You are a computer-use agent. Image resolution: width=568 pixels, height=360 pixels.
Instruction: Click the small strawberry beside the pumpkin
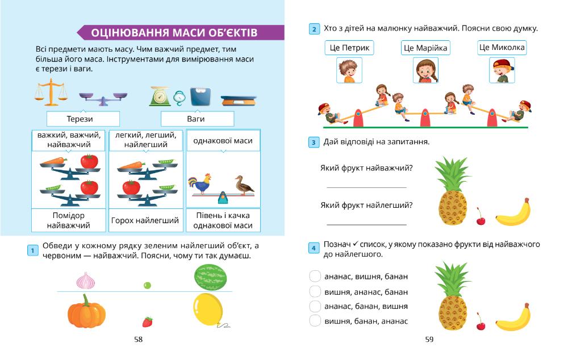coord(148,322)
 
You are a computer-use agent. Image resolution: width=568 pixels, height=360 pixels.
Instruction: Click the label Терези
coord(83,119)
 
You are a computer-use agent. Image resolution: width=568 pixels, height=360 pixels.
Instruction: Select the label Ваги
coord(197,119)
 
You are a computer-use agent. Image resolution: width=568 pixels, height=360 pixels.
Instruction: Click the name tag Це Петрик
coord(349,48)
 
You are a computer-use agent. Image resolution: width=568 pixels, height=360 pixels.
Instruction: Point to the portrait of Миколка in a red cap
coord(502,71)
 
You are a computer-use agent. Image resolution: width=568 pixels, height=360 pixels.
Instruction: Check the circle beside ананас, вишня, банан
coord(315,276)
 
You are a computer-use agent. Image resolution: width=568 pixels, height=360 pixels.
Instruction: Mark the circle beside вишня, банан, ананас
coord(315,321)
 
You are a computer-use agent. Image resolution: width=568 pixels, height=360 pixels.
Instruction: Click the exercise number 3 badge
coord(314,142)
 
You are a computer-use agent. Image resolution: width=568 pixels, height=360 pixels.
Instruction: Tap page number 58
coord(138,340)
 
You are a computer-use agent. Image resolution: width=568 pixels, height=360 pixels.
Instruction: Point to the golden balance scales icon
coord(51,92)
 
